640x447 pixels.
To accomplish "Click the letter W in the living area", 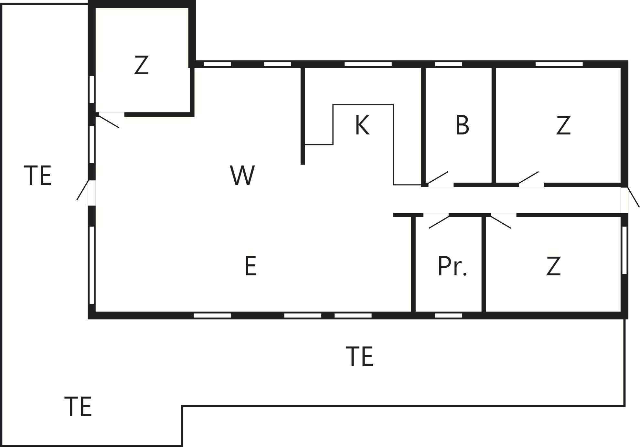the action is click(242, 175).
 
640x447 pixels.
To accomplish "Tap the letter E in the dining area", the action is click(251, 266).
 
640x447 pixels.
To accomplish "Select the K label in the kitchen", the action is click(362, 125).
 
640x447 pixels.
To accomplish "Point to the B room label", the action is click(462, 125).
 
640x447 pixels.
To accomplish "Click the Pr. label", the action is click(452, 266).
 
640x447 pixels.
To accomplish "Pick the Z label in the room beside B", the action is click(563, 125).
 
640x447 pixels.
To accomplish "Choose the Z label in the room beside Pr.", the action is click(553, 266).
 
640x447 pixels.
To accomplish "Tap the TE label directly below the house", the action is click(359, 356).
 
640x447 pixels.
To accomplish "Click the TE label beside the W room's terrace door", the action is click(38, 176).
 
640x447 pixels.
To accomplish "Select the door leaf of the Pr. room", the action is click(439, 222).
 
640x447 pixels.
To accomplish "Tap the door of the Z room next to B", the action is click(528, 177).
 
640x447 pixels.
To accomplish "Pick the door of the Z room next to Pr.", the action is click(501, 222).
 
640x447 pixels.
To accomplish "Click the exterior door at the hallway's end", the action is click(634, 197).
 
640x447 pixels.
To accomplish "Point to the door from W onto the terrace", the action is click(82, 190).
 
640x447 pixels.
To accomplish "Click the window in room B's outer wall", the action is click(448, 64).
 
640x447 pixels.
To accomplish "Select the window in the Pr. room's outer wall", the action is click(448, 315).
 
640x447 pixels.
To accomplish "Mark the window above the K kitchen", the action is click(368, 64).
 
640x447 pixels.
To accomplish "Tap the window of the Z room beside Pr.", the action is click(624, 250).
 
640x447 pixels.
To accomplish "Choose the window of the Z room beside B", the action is click(559, 64).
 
